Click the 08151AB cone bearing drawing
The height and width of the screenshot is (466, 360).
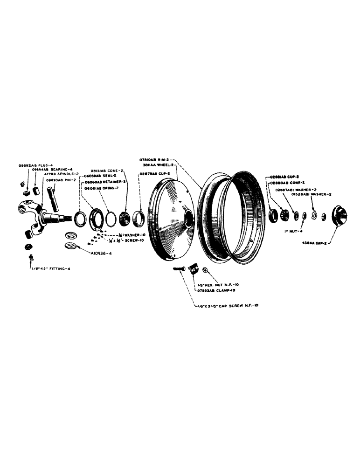[125, 217]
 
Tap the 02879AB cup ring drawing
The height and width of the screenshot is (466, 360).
[138, 218]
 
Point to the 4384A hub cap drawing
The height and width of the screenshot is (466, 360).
[340, 216]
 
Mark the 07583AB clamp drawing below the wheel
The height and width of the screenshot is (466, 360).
[193, 272]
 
